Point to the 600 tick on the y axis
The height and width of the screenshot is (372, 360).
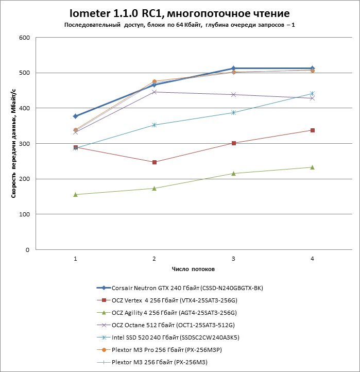24,38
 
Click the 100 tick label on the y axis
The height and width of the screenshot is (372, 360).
24,214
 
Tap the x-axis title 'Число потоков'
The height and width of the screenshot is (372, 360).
194,269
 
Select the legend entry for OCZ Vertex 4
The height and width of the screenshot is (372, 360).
178,300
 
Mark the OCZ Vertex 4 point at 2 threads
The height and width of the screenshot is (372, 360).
155,162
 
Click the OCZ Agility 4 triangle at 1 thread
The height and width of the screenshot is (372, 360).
76,195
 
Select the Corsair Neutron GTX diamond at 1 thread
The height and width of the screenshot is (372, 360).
76,116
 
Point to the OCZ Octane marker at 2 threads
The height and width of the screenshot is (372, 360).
155,92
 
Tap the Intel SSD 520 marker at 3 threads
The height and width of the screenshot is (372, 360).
233,112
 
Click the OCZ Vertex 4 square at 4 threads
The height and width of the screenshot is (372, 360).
312,130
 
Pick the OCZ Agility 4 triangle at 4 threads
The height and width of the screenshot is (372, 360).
312,167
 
